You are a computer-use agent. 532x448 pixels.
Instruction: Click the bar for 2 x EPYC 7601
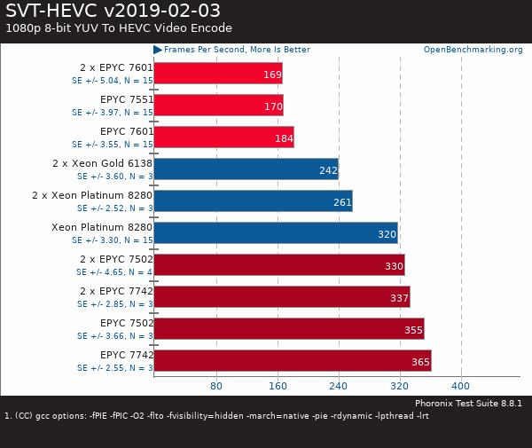coord(217,74)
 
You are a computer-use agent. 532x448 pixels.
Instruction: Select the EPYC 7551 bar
coord(218,106)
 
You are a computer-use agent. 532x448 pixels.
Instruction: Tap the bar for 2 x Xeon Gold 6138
coord(246,169)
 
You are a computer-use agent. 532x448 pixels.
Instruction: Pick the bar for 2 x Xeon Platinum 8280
coord(253,201)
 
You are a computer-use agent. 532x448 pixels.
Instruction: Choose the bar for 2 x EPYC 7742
coord(281,297)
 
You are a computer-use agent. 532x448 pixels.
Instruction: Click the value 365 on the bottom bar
coord(420,362)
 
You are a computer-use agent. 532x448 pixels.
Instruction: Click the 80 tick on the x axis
coord(215,386)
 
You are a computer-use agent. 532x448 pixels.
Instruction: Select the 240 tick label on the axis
coord(338,386)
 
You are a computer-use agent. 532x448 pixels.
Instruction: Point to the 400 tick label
coord(460,386)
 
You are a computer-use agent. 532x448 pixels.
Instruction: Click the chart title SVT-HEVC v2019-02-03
coord(113,10)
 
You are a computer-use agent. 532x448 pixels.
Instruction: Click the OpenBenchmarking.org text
coord(473,50)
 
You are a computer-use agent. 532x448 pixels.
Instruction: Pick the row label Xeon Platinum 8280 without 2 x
coord(102,227)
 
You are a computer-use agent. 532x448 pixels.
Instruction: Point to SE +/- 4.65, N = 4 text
coord(113,271)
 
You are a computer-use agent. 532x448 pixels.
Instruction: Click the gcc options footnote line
coord(216,415)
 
